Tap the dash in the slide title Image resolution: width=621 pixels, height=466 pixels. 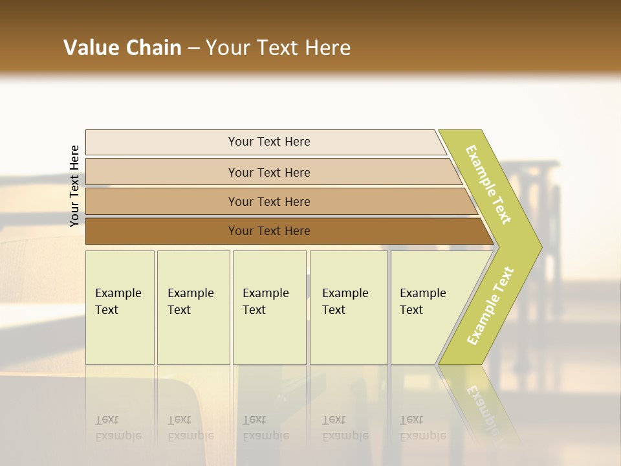[x=193, y=49]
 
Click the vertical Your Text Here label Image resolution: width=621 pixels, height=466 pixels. [x=74, y=186]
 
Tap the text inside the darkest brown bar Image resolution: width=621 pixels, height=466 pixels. [x=269, y=231]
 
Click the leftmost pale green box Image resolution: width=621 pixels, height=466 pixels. [x=120, y=307]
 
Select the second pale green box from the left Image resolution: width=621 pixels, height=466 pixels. [x=193, y=307]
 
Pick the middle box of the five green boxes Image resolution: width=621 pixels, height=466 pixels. [x=269, y=307]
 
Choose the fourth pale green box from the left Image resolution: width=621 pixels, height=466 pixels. [x=349, y=307]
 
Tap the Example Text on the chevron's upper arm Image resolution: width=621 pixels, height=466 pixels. [x=489, y=184]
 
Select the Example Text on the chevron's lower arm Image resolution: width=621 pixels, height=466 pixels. [x=490, y=306]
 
